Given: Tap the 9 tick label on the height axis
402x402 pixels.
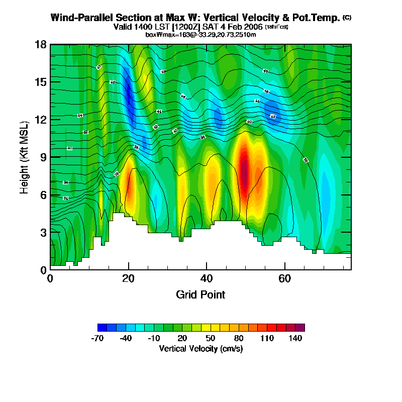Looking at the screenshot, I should click(x=43, y=157).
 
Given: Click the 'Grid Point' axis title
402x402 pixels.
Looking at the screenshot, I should click(x=200, y=294).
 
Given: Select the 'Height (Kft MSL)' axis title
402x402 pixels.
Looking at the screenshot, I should click(x=24, y=157).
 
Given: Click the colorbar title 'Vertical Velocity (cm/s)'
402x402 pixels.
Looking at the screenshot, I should click(x=201, y=349).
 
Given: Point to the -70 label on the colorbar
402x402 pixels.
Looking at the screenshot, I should click(x=97, y=338).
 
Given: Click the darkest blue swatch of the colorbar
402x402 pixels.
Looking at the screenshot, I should click(x=102, y=328).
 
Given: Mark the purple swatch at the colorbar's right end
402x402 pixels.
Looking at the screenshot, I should click(x=300, y=328).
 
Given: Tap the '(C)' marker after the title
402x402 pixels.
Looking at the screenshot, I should click(x=347, y=18).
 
